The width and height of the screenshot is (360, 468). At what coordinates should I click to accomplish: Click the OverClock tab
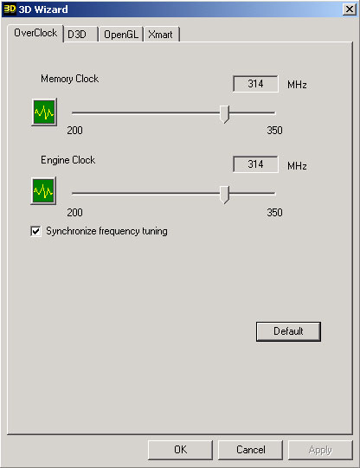[35, 33]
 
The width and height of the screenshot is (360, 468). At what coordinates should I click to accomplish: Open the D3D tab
[80, 35]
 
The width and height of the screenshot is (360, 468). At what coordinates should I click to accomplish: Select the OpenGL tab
[121, 35]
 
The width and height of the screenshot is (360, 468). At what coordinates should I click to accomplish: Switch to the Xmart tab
[162, 35]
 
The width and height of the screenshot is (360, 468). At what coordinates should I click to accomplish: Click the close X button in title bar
[350, 10]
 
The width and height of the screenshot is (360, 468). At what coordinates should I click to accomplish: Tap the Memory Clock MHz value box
[255, 84]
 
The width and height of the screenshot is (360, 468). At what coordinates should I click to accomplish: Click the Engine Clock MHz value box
[255, 164]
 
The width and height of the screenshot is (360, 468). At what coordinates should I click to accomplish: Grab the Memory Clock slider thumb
[224, 114]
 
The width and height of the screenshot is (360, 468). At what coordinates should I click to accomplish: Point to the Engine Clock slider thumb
[224, 195]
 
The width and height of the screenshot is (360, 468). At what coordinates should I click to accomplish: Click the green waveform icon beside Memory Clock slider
[44, 112]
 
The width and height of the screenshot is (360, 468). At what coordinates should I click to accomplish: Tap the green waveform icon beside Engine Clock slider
[43, 190]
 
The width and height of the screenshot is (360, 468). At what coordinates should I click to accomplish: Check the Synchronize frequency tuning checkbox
[35, 231]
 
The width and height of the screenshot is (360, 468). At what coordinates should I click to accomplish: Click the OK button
[180, 450]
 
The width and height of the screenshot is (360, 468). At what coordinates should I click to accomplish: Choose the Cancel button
[250, 450]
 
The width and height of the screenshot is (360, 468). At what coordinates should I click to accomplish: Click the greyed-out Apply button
[320, 450]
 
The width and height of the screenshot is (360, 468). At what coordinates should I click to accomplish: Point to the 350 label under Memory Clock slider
[274, 131]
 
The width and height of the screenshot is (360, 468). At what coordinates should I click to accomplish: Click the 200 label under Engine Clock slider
[74, 213]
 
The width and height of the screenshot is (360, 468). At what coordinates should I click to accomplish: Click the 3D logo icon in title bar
[10, 10]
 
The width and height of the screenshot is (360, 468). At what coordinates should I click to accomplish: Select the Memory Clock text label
[69, 79]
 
